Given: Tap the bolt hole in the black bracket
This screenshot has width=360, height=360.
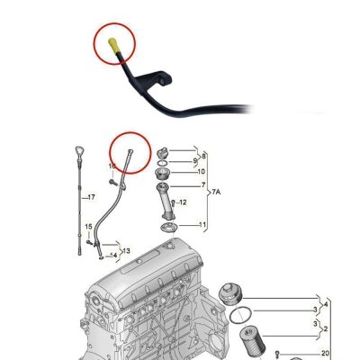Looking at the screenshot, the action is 162,81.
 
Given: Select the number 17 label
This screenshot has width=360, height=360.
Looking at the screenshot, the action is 91,197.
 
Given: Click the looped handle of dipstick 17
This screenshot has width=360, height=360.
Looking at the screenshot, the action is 79,151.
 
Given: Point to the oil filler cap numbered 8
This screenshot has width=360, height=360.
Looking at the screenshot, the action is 162,153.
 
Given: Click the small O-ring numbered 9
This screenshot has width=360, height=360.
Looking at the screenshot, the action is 162,163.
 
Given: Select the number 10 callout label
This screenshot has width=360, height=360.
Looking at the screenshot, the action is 201,172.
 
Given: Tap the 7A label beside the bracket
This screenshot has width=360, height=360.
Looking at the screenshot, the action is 216,192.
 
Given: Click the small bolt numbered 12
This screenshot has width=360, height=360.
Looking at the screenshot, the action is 173,202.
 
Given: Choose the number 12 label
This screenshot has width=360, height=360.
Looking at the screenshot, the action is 183,202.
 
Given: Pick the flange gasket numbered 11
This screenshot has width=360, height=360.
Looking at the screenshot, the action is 169,228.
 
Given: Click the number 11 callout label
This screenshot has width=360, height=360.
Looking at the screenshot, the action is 202,225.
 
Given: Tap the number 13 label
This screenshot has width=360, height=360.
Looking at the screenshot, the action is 126,250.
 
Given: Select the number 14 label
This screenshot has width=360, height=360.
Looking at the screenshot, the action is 113,256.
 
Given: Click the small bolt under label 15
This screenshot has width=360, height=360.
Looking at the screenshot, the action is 89,242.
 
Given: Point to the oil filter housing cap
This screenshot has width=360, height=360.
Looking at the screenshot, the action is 229,293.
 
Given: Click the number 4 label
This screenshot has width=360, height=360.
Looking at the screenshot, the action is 325,305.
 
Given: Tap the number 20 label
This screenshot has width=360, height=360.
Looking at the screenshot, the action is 325,354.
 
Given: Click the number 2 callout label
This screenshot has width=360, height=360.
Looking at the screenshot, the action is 325,329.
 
